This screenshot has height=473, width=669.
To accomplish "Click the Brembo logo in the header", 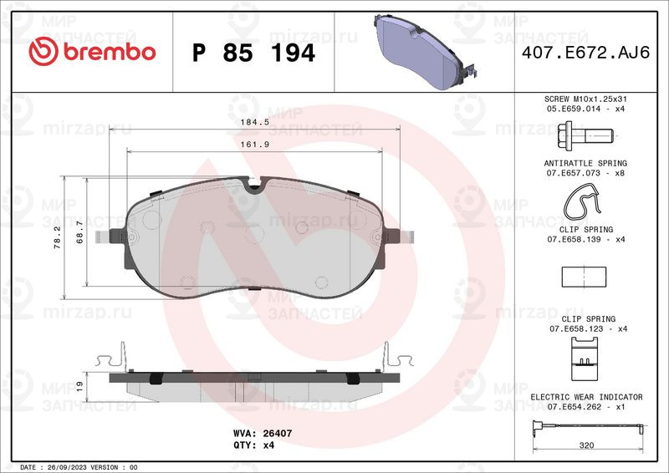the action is (92, 52).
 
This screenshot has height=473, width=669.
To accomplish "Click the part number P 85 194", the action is (253, 53).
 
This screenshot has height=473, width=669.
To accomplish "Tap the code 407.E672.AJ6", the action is (585, 53).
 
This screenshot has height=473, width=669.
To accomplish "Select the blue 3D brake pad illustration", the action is (425, 52).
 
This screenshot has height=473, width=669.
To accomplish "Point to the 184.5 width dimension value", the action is (255, 122).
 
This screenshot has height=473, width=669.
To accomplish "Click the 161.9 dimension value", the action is (255, 145).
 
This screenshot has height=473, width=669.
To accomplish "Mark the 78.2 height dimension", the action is (57, 237).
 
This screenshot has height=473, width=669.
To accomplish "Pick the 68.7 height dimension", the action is (79, 232).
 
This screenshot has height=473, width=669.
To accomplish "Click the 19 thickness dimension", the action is (79, 386).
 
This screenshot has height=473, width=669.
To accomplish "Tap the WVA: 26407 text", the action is (263, 434).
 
